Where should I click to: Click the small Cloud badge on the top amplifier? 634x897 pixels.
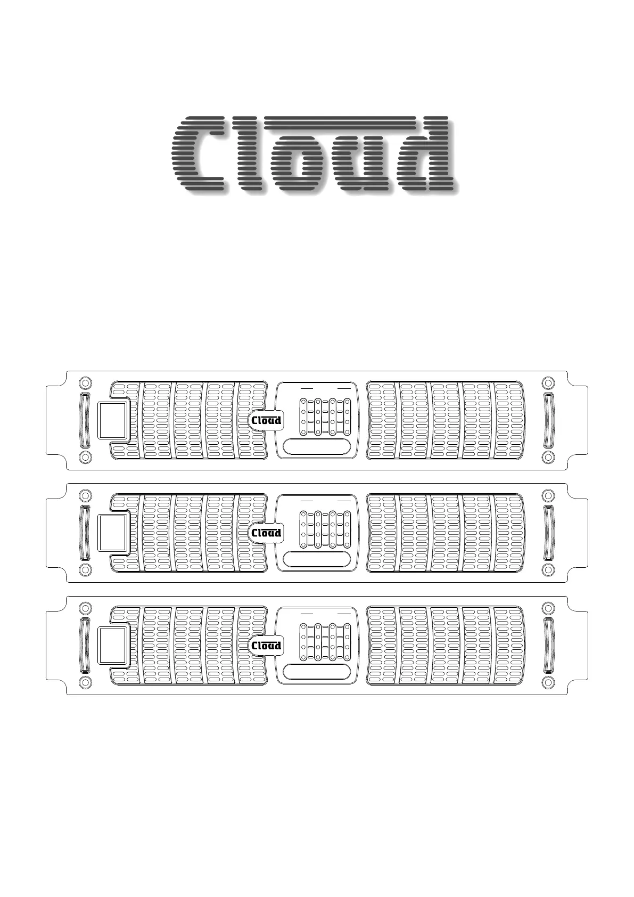coord(266,420)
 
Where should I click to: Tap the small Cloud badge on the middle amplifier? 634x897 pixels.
coord(266,533)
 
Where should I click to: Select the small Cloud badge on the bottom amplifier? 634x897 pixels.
coord(266,646)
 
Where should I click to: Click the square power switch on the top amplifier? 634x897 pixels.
coord(113,420)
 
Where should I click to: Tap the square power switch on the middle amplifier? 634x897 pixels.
coord(113,533)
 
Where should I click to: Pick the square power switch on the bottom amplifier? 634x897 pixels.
coord(113,646)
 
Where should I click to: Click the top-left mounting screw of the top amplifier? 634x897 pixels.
coord(85,382)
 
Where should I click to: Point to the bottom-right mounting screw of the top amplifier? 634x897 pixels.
coord(548,457)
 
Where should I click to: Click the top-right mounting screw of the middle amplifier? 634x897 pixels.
coord(548,495)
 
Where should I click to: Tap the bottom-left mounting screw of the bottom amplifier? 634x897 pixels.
coord(85,682)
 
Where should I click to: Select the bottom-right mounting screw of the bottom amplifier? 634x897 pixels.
coord(548,682)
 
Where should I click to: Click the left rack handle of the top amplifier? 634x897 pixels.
coord(85,420)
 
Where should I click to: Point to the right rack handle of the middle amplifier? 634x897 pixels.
coord(548,533)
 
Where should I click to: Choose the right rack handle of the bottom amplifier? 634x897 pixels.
coord(548,645)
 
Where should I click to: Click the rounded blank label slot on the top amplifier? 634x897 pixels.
coord(317,446)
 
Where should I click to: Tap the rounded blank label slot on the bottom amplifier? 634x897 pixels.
coord(317,672)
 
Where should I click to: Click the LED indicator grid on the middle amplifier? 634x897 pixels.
coord(325,529)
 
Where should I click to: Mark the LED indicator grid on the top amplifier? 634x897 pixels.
coord(325,417)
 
